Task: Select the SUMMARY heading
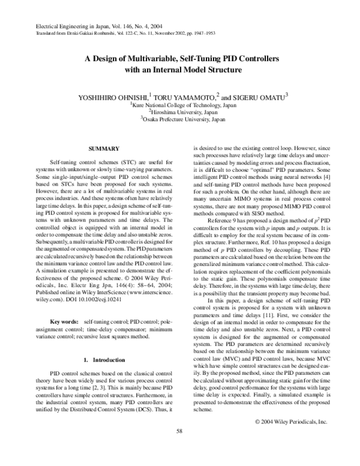pyautogui.click(x=101, y=148)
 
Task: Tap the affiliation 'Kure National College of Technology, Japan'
pyautogui.click(x=180, y=104)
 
